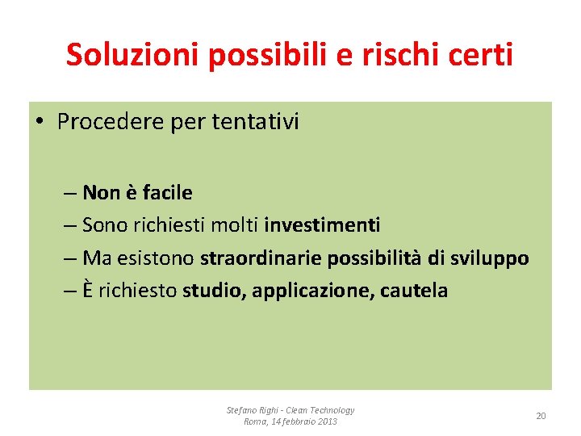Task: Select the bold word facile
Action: point(167,193)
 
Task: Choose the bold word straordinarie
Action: point(261,258)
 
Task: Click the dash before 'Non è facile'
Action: point(69,193)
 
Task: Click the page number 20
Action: point(541,416)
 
